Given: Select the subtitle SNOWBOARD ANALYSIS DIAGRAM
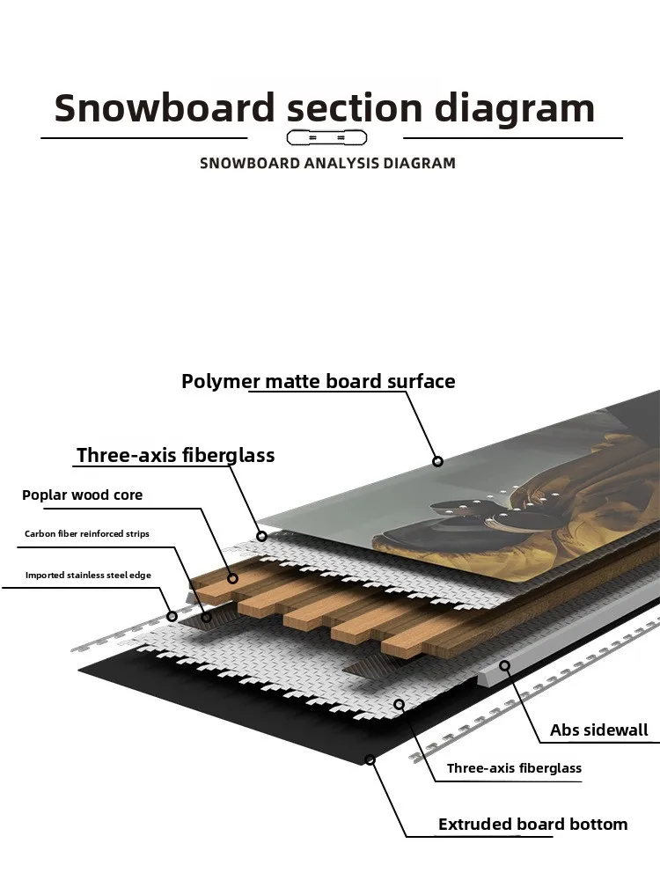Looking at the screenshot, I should (x=327, y=163).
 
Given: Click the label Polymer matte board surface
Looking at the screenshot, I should (x=318, y=381).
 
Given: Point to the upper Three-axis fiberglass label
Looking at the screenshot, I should (x=175, y=455).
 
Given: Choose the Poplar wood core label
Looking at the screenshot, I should (x=82, y=495).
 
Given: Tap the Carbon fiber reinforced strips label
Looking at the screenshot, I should (x=87, y=534).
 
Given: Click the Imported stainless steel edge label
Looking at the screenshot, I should (x=88, y=575).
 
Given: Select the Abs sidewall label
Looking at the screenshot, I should (x=598, y=730).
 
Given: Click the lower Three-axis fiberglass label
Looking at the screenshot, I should (x=514, y=768).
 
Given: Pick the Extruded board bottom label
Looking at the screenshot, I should (x=532, y=825).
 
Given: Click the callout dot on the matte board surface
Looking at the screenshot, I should (x=437, y=461).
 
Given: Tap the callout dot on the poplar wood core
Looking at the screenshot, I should (x=233, y=578).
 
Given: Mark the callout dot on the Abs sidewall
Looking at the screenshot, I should (x=505, y=665).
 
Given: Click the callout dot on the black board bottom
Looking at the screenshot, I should (x=370, y=759).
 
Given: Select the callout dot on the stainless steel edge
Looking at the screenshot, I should (x=172, y=616).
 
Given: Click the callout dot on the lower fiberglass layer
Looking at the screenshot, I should (x=399, y=704).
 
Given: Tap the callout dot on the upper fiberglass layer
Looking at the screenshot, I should (x=261, y=535).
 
